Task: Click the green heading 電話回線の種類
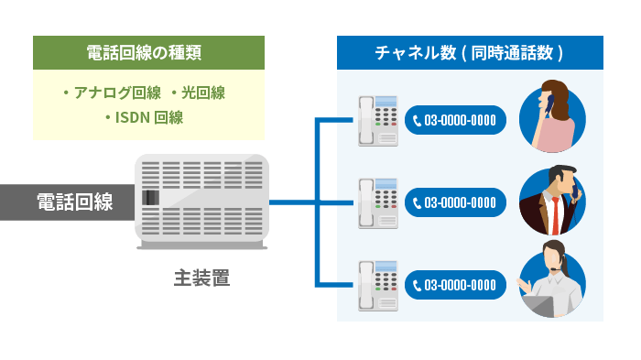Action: [148, 53]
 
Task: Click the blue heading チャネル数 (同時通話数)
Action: [470, 53]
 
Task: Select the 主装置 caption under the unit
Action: [201, 278]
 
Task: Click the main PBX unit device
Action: [202, 201]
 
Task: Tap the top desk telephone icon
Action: [378, 120]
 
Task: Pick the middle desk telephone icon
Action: [378, 202]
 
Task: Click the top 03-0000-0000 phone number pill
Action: [455, 120]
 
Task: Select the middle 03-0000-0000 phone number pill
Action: [455, 202]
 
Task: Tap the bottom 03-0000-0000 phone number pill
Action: [455, 284]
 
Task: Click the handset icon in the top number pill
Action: [418, 120]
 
